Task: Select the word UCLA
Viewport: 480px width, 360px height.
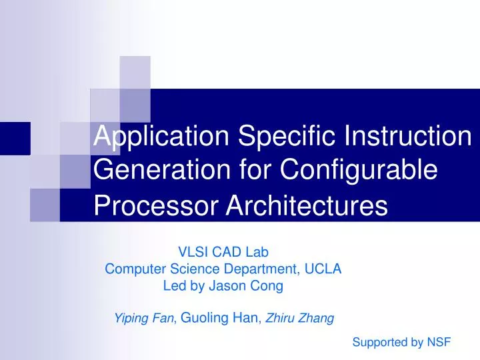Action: pyautogui.click(x=325, y=269)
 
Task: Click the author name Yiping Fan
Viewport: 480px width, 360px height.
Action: pyautogui.click(x=143, y=319)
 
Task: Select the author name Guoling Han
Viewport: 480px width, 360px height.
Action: pyautogui.click(x=221, y=319)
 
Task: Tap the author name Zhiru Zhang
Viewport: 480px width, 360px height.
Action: pyautogui.click(x=300, y=319)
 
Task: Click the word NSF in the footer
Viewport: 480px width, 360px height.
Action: pyautogui.click(x=439, y=343)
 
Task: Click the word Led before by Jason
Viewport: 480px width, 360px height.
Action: pyautogui.click(x=175, y=287)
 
